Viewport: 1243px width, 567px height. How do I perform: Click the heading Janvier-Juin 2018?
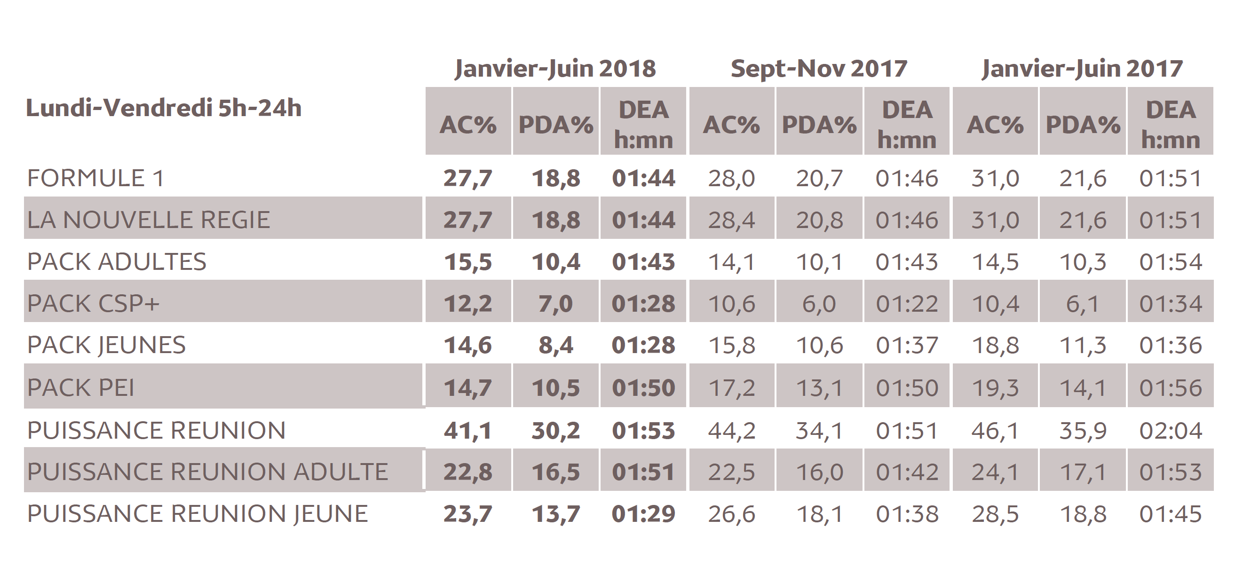[555, 69]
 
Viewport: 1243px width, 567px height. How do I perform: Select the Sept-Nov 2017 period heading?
[819, 69]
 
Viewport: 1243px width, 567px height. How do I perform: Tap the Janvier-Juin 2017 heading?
[1082, 69]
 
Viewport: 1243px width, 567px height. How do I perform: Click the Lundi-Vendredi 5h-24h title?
[164, 108]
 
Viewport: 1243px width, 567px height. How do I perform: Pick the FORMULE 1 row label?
[95, 178]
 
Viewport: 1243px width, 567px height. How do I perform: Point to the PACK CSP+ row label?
[93, 304]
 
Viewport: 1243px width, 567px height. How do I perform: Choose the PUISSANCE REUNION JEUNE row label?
[198, 513]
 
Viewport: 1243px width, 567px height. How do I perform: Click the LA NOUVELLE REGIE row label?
[149, 220]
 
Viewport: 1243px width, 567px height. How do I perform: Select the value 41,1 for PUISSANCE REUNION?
[467, 431]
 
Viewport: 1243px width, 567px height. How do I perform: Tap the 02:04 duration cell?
[1170, 431]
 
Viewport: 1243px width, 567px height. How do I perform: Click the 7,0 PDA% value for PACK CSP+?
[555, 304]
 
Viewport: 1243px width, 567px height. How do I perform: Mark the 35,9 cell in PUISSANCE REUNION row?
[1082, 431]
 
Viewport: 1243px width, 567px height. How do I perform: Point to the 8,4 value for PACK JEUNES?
[555, 346]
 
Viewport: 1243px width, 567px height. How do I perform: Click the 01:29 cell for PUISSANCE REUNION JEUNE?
[643, 513]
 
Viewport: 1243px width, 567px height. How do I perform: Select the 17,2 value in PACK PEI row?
[731, 388]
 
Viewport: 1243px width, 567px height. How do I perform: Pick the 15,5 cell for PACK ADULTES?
[467, 262]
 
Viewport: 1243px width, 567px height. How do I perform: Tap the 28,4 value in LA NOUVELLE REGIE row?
[731, 220]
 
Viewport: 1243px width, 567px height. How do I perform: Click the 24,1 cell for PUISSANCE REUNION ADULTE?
[995, 472]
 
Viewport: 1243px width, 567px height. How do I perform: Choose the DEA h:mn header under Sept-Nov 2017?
[907, 125]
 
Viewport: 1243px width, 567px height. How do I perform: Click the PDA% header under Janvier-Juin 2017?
[1082, 125]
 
